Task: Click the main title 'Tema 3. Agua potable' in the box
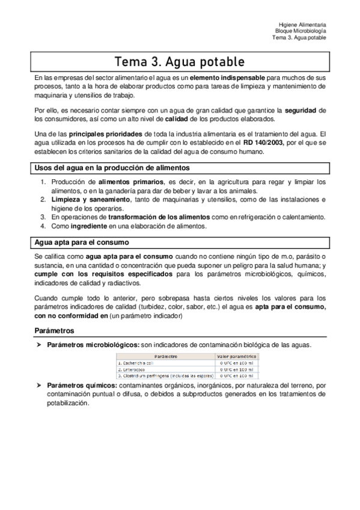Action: point(180,62)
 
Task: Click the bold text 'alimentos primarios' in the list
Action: point(130,182)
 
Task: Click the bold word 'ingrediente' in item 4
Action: point(90,226)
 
